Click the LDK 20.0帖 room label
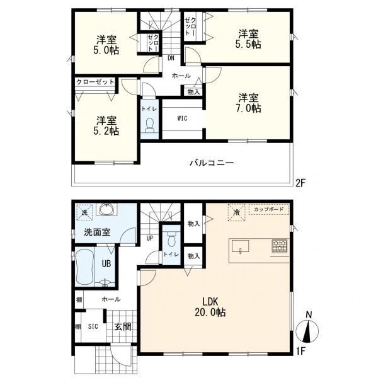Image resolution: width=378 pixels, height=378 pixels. [x=210, y=307]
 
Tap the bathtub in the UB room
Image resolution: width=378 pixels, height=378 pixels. [x=84, y=267]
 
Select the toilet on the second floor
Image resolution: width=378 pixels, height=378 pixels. [x=150, y=125]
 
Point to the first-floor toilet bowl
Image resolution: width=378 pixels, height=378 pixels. [x=171, y=239]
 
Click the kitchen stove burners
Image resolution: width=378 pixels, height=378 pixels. [x=280, y=246]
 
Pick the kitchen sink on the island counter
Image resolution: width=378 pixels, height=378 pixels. [x=241, y=246]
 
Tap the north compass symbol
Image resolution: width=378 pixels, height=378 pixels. [x=307, y=328]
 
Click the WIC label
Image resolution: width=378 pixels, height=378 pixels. [x=182, y=118]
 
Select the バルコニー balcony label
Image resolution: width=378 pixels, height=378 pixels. [x=212, y=163]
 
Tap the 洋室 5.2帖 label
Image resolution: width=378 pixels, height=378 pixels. [x=106, y=125]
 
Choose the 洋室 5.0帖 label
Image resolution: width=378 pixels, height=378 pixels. [x=106, y=45]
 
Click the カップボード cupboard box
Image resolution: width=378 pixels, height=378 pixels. [x=269, y=209]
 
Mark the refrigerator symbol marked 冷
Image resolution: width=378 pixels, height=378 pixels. [x=237, y=212]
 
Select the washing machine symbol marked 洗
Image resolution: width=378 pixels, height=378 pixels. [x=84, y=212]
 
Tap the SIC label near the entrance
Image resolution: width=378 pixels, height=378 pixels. [x=93, y=326]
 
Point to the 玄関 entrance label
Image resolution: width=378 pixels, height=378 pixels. [x=123, y=326]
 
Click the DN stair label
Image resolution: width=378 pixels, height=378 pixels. [x=171, y=58]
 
